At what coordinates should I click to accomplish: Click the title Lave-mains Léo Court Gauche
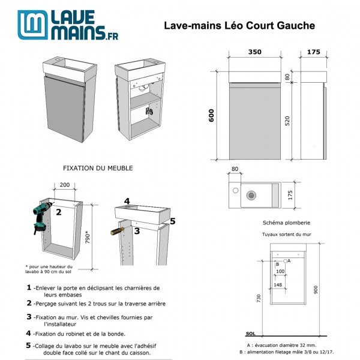(239, 26)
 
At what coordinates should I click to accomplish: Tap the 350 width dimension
(255, 52)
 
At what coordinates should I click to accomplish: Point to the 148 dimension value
(278, 285)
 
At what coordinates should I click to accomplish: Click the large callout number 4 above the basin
(127, 201)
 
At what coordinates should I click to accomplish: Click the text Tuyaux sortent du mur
(287, 235)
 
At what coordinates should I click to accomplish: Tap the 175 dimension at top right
(314, 52)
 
